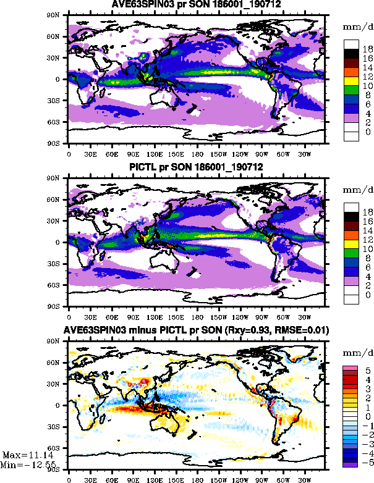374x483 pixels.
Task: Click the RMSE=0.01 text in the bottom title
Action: (304, 330)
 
